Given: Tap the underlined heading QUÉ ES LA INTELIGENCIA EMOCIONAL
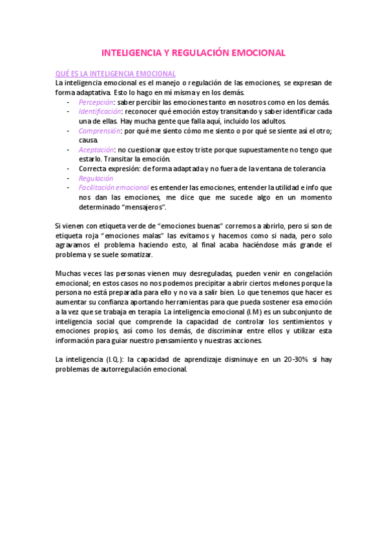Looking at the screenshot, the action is pyautogui.click(x=116, y=74).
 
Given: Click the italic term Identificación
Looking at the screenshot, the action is pyautogui.click(x=100, y=111).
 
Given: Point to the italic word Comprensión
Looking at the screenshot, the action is pyautogui.click(x=99, y=131).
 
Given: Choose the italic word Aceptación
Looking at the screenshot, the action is pyautogui.click(x=96, y=149).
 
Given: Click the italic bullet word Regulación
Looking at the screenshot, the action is pyautogui.click(x=96, y=178).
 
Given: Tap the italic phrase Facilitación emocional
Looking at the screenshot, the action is pyautogui.click(x=113, y=187).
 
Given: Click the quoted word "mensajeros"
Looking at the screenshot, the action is pyautogui.click(x=145, y=206).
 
